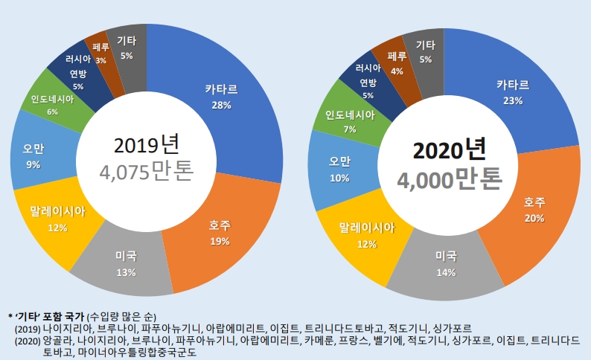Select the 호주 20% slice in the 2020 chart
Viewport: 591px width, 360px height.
click(532, 212)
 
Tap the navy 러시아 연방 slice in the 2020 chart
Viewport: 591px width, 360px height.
click(368, 86)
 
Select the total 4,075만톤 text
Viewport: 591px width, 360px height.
click(147, 172)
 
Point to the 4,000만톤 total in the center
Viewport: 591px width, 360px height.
click(448, 179)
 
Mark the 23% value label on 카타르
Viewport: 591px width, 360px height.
click(513, 100)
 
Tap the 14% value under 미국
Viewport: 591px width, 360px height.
click(446, 272)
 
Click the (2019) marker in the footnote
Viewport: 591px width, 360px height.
click(28, 328)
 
